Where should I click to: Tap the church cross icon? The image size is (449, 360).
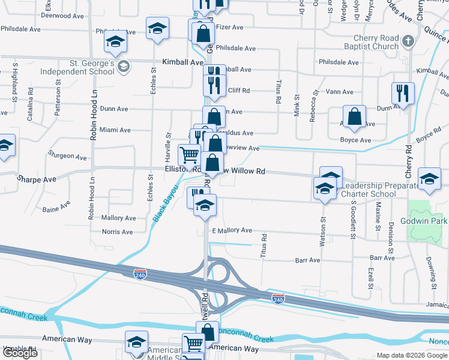click(408, 41)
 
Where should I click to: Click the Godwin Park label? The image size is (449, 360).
click(429, 221)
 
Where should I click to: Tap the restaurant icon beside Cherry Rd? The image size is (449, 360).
click(402, 94)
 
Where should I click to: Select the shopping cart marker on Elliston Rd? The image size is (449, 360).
click(190, 155)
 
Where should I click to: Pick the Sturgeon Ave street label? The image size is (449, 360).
click(67, 156)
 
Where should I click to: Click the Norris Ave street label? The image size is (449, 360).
click(117, 232)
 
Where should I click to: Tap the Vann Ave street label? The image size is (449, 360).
click(340, 92)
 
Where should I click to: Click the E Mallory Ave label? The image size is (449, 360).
click(231, 230)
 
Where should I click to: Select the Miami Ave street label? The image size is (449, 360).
click(115, 130)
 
